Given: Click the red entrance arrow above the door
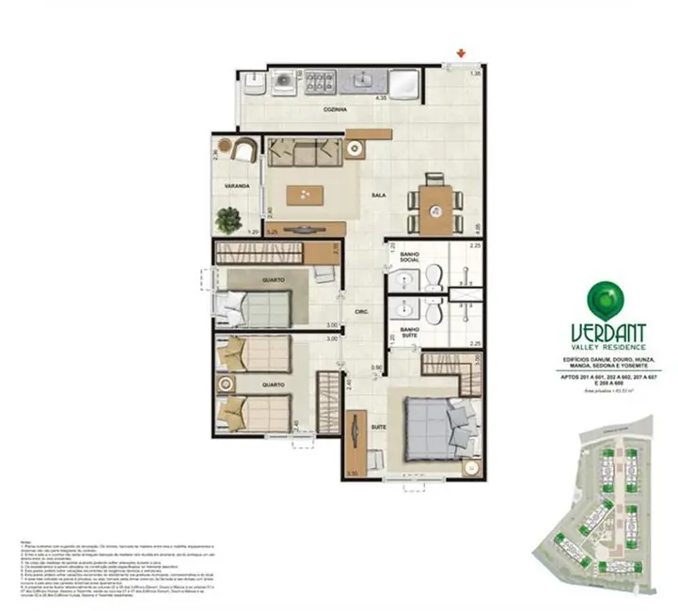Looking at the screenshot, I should pyautogui.click(x=460, y=53).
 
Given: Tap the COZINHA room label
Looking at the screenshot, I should pyautogui.click(x=335, y=110).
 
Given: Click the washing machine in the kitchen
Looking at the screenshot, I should pyautogui.click(x=282, y=84).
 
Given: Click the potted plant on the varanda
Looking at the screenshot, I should pyautogui.click(x=227, y=220).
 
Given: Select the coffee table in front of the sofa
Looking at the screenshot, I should pyautogui.click(x=307, y=194).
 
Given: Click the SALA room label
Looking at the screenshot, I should pyautogui.click(x=378, y=196).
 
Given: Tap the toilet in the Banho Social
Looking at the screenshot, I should pyautogui.click(x=434, y=274).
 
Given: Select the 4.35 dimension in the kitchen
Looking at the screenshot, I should pyautogui.click(x=381, y=97).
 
